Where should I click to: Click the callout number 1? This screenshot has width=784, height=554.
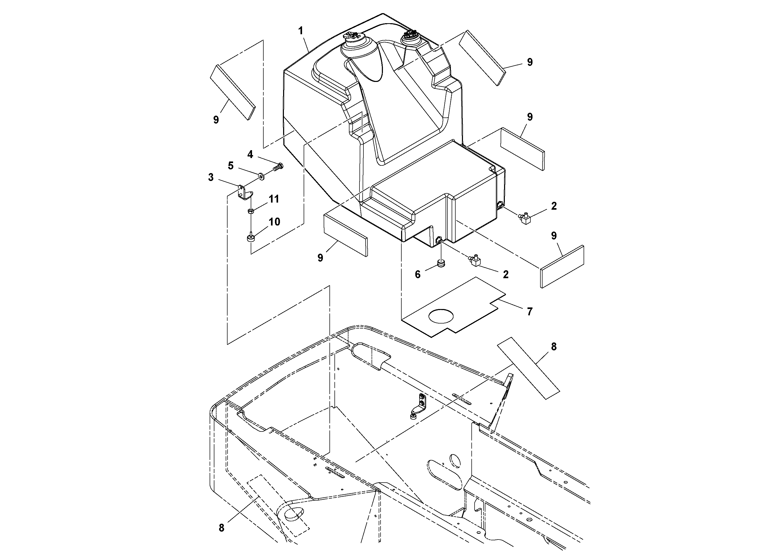click(x=300, y=31)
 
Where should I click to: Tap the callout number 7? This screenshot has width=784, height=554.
click(x=530, y=311)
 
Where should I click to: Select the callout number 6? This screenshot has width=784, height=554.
click(x=418, y=274)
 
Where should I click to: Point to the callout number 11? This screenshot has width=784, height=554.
click(x=274, y=199)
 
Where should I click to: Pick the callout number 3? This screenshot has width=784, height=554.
click(x=211, y=177)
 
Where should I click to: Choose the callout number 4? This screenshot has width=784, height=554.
click(x=250, y=155)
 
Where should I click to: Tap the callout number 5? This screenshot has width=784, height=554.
click(x=231, y=166)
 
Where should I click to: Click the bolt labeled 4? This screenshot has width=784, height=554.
click(x=278, y=167)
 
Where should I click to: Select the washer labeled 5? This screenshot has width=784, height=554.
click(x=262, y=176)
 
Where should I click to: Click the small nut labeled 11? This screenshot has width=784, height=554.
click(x=251, y=211)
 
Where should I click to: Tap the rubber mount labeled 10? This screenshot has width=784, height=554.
click(x=251, y=238)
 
